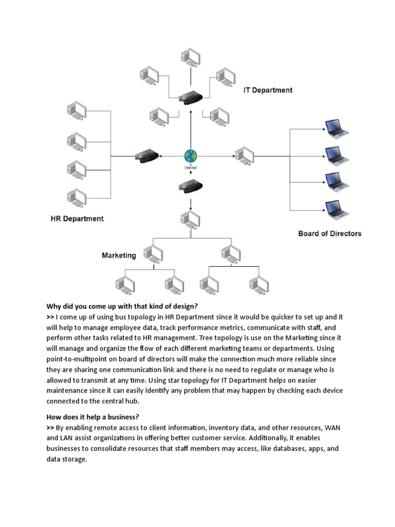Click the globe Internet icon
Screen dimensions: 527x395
pos(190,156)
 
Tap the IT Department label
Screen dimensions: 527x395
pos(267,90)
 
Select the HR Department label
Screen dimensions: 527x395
pos(77,219)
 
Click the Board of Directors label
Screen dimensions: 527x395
pos(330,234)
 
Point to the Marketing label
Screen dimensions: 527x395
pos(119,255)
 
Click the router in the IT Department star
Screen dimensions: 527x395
pos(190,96)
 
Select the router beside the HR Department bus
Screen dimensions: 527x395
pos(147,155)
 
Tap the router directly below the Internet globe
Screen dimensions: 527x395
pos(190,186)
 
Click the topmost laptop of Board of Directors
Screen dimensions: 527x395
pos(337,129)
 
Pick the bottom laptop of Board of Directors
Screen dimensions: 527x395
pos(337,209)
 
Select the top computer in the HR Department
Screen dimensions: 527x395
pos(77,111)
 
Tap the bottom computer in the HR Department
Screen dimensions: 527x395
pos(77,198)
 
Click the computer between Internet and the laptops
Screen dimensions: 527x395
pos(244,154)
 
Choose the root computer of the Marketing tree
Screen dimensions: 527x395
pos(190,220)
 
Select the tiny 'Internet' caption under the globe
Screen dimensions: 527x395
pos(190,168)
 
